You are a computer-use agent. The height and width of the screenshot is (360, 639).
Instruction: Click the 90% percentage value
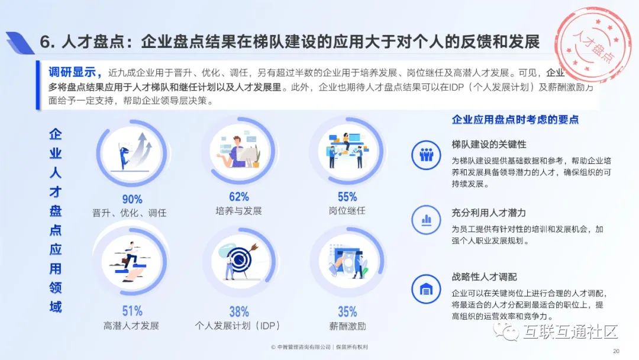132,200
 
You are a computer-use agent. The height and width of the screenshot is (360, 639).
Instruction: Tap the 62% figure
239,197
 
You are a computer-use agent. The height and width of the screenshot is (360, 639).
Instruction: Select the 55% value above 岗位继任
347,197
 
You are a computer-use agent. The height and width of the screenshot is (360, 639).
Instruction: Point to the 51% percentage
132,311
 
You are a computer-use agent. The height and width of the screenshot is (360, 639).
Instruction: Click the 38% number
239,312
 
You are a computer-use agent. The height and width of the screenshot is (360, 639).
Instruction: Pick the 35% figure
347,312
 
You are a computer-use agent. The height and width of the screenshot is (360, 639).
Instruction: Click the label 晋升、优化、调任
129,213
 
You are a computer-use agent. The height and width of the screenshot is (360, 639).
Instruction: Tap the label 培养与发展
239,211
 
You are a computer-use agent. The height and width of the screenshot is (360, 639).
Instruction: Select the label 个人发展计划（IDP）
238,326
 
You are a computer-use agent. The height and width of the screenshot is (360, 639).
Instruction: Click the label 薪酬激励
347,326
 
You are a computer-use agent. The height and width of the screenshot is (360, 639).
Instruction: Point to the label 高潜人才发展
131,326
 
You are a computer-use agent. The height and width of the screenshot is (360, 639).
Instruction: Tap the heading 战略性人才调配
484,277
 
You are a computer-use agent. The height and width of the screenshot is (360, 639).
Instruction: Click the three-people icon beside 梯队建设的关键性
426,155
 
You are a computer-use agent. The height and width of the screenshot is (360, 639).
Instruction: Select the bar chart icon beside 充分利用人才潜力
426,220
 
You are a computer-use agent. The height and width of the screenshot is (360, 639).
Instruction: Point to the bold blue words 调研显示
72,72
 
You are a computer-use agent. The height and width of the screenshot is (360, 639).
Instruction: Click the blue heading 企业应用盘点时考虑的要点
515,120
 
